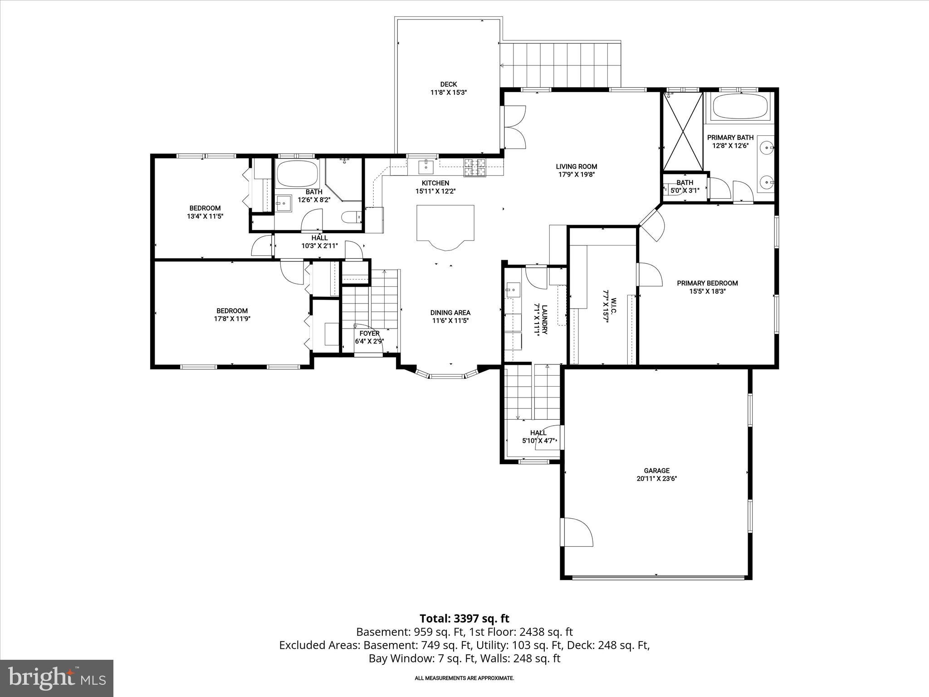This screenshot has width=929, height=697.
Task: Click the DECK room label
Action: click(x=448, y=84)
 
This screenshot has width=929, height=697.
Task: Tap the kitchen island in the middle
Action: click(x=445, y=224)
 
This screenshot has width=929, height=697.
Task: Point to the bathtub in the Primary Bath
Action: click(x=739, y=107)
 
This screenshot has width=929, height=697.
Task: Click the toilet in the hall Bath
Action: click(x=351, y=217)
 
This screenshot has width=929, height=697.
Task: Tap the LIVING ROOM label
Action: click(x=577, y=167)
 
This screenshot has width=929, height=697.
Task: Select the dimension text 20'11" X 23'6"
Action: click(x=656, y=479)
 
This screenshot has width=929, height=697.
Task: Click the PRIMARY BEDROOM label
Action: click(x=707, y=283)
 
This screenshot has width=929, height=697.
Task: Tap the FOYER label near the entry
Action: click(x=369, y=333)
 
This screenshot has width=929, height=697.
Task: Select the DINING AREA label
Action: click(x=450, y=313)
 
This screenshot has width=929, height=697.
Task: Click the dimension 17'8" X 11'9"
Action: click(x=232, y=319)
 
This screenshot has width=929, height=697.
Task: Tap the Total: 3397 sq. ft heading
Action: click(x=464, y=618)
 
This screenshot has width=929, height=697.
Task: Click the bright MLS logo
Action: click(x=56, y=678)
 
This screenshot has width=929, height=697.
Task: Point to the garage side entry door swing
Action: click(x=577, y=533)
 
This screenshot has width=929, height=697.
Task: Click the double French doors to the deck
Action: click(x=513, y=127)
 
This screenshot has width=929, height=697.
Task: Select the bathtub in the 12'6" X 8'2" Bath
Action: click(x=297, y=174)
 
